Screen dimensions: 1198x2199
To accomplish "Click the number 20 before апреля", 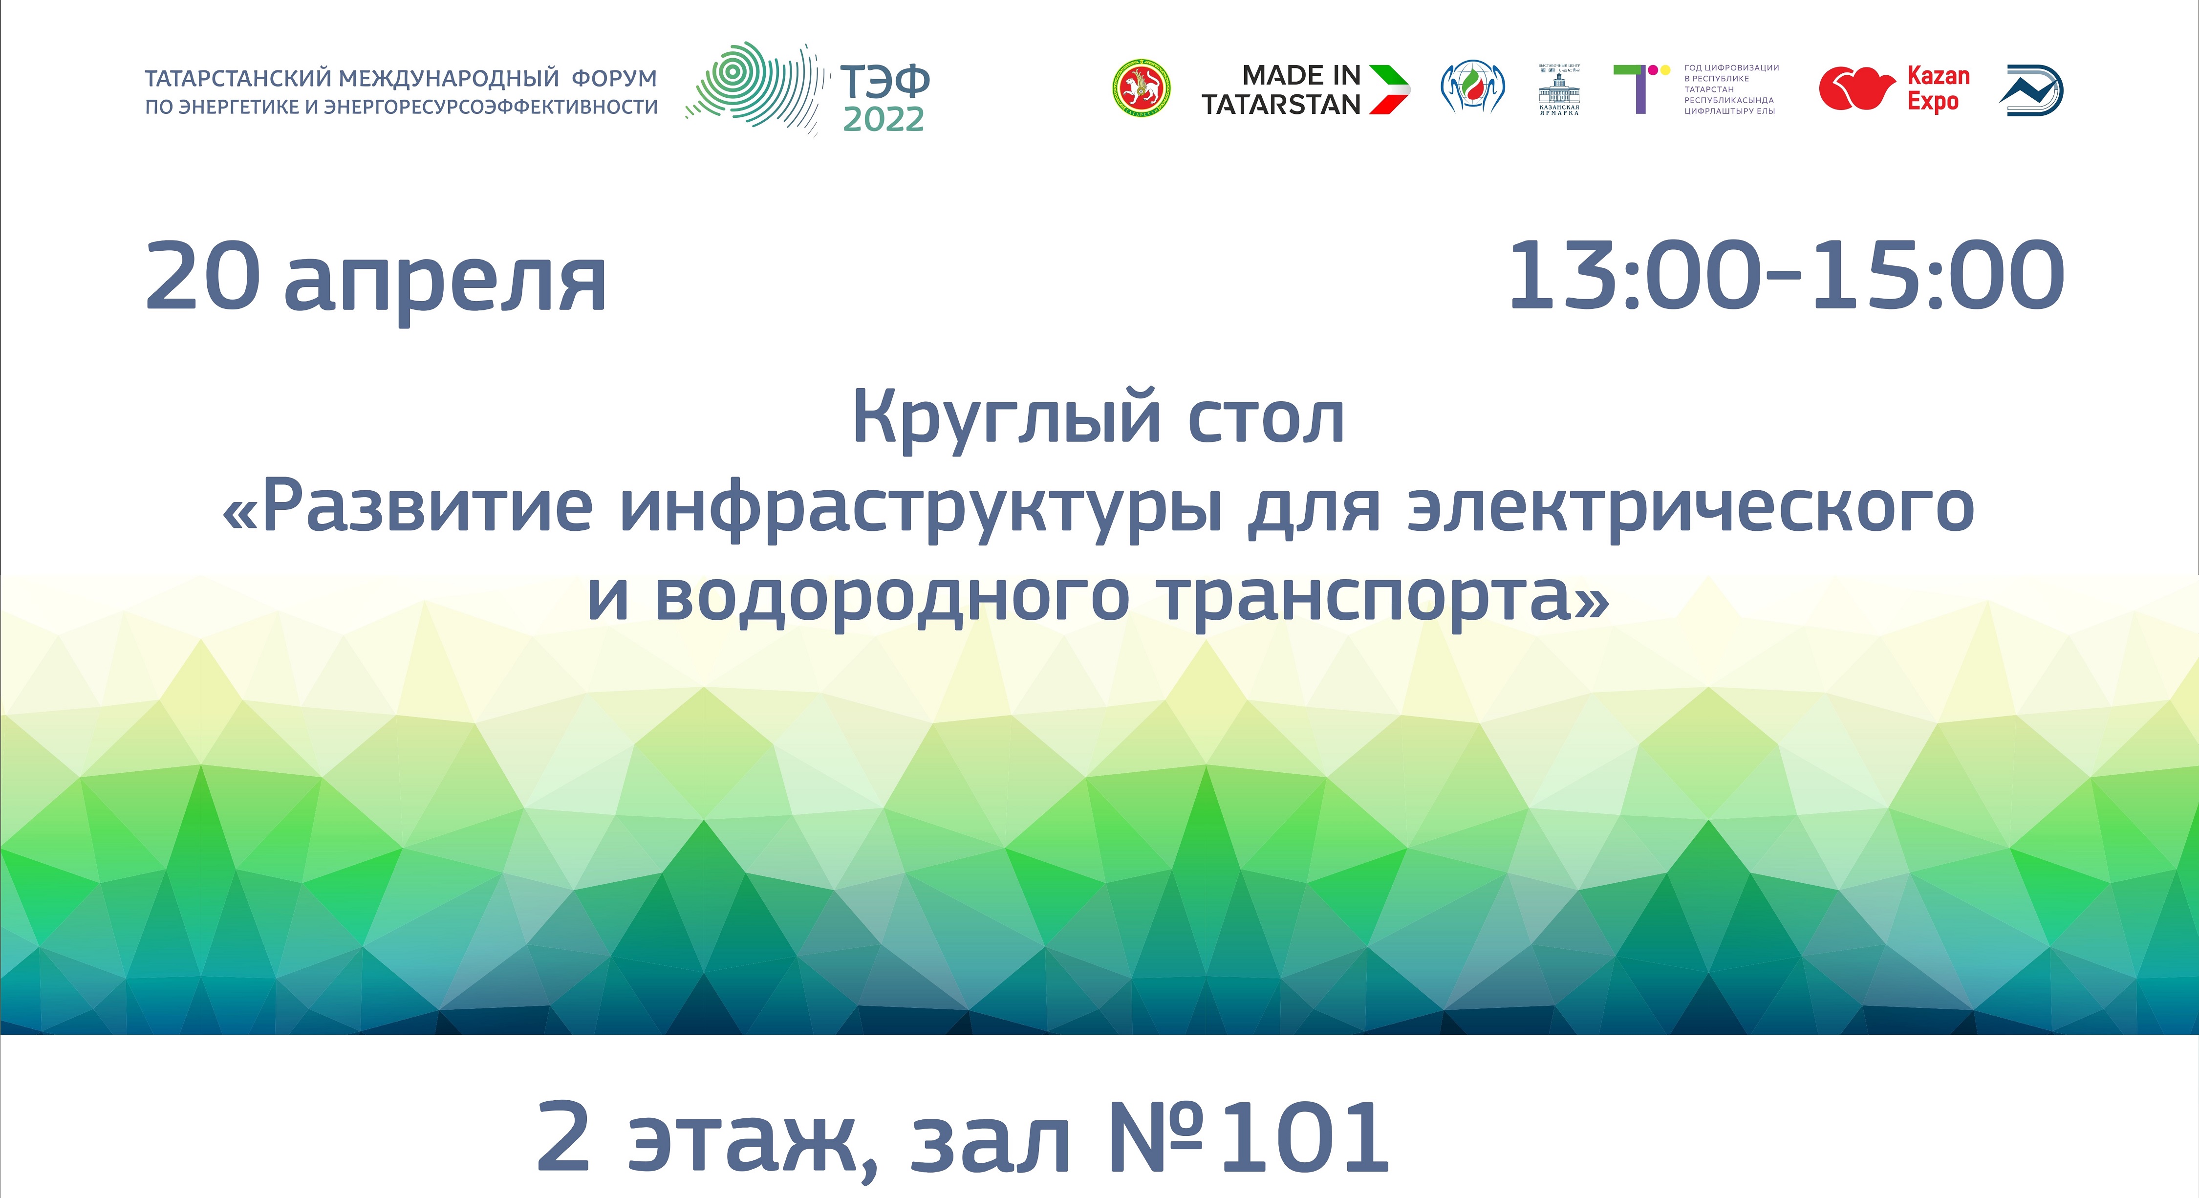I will coord(202,276).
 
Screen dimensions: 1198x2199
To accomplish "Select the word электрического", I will coord(1690,508).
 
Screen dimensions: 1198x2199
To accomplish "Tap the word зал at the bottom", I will coord(990,1138).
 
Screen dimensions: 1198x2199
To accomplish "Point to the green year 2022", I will coord(884,120).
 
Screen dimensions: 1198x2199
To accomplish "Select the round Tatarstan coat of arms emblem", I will coord(1142,88).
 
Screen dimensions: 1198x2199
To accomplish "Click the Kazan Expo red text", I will coord(1938,89).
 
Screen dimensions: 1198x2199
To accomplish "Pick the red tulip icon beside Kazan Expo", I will coord(1856,89).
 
